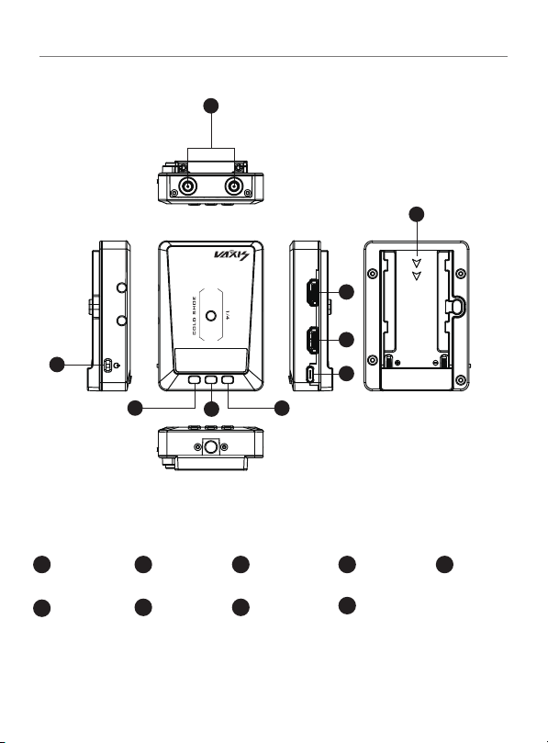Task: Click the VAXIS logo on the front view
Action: [x=231, y=255]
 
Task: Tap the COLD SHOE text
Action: [x=195, y=316]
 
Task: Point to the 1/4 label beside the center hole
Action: [x=228, y=315]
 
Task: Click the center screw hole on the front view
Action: [x=211, y=315]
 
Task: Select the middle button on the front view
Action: [x=211, y=379]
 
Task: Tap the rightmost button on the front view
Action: [x=228, y=379]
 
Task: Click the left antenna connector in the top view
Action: [x=188, y=186]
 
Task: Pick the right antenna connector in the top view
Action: [x=233, y=186]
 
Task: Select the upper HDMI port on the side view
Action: [x=312, y=293]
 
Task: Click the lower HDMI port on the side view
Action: [x=312, y=340]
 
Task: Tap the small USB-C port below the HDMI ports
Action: [x=310, y=375]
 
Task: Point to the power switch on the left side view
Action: [x=107, y=365]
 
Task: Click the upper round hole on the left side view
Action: [x=122, y=287]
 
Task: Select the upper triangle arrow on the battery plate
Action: [x=417, y=264]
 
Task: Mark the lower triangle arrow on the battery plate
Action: [x=417, y=276]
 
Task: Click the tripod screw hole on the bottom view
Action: [x=211, y=446]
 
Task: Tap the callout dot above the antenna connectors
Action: [x=211, y=106]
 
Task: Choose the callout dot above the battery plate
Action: [x=417, y=214]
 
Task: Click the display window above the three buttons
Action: [x=211, y=360]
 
